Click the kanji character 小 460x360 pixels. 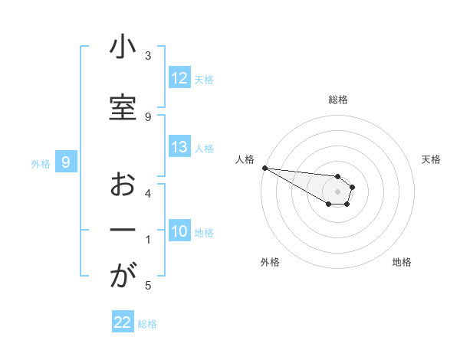pyautogui.click(x=123, y=48)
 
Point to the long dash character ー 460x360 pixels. pyautogui.click(x=123, y=231)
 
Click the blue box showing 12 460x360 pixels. pyautogui.click(x=179, y=78)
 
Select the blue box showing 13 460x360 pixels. pyautogui.click(x=179, y=148)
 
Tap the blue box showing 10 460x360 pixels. pyautogui.click(x=179, y=232)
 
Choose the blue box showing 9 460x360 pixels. pyautogui.click(x=66, y=162)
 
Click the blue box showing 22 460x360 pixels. pyautogui.click(x=123, y=322)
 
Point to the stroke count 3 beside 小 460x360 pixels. pyautogui.click(x=148, y=56)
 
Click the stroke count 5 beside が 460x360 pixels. pyautogui.click(x=148, y=286)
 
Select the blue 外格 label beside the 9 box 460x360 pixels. pyautogui.click(x=40, y=163)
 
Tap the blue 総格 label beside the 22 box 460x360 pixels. pyautogui.click(x=147, y=324)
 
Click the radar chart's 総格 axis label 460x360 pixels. pyautogui.click(x=338, y=100)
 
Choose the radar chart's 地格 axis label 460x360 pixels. pyautogui.click(x=402, y=262)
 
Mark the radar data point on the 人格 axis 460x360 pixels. pyautogui.click(x=264, y=168)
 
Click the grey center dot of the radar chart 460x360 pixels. pyautogui.click(x=338, y=191)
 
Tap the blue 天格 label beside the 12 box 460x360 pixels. pyautogui.click(x=204, y=79)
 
